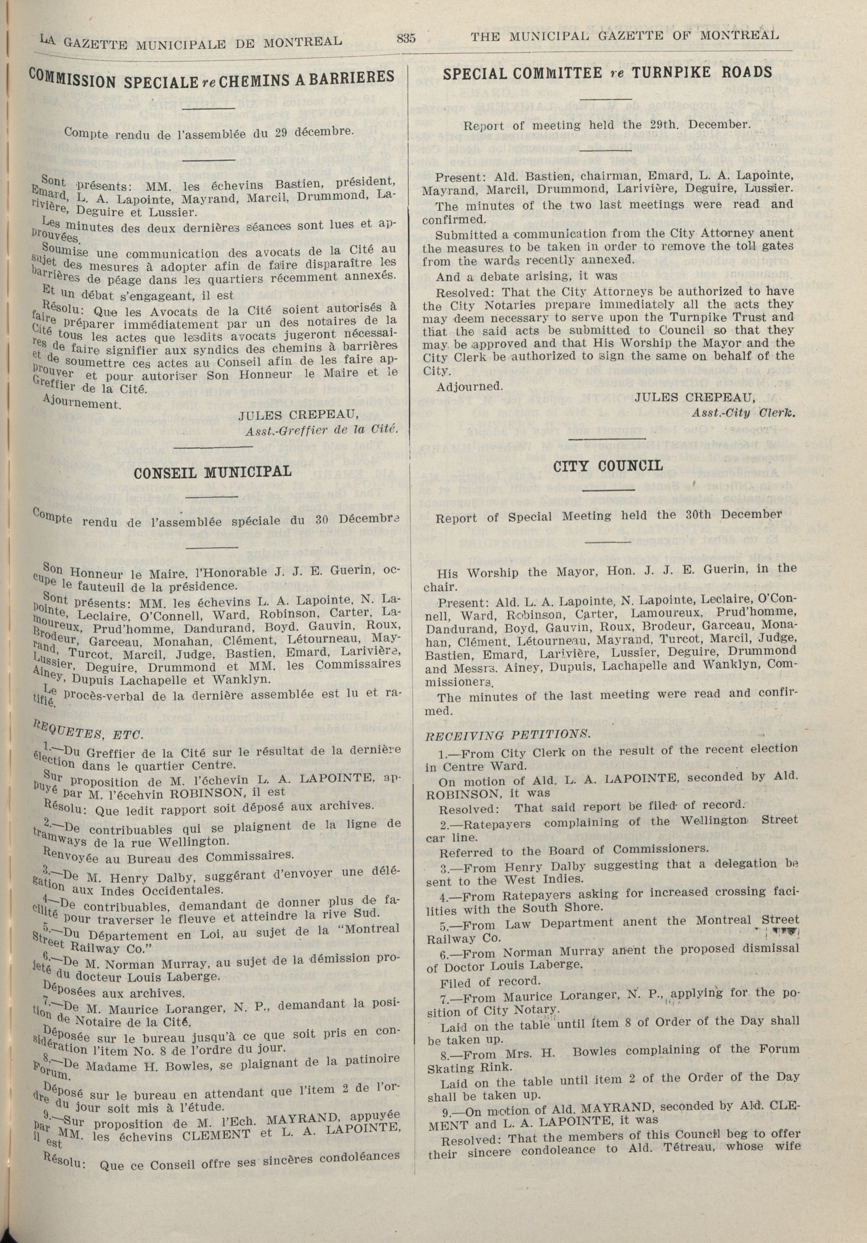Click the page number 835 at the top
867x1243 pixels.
[x=406, y=38]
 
